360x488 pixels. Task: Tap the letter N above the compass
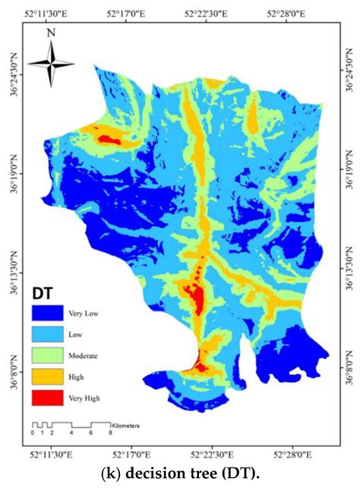(x=51, y=33)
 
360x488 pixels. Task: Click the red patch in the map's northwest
(x=108, y=138)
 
